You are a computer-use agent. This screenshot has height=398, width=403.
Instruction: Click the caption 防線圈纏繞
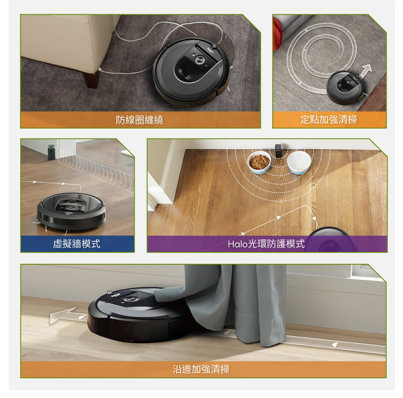(x=139, y=120)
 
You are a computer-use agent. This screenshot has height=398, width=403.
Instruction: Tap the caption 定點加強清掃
(x=329, y=120)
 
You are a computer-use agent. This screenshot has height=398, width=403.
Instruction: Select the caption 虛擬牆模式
(x=76, y=244)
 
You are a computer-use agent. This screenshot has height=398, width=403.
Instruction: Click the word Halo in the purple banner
(x=237, y=244)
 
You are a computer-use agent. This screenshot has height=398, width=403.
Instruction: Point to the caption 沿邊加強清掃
(x=201, y=369)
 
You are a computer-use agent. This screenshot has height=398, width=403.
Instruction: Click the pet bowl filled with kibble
(x=259, y=163)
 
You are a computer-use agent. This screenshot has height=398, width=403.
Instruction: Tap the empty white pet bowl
(x=298, y=163)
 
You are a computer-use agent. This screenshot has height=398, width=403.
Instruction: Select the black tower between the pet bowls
(x=278, y=151)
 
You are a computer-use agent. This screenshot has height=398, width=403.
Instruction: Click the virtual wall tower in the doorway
(x=51, y=152)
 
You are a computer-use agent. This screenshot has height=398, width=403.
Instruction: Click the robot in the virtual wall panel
(x=71, y=211)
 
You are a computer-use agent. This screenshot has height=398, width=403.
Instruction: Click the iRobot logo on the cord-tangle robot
(x=210, y=49)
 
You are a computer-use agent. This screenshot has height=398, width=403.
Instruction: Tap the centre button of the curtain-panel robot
(x=130, y=299)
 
